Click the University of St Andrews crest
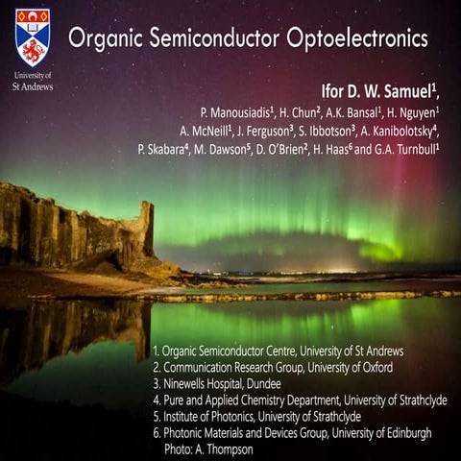tap(33, 36)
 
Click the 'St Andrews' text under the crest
tap(33, 86)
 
